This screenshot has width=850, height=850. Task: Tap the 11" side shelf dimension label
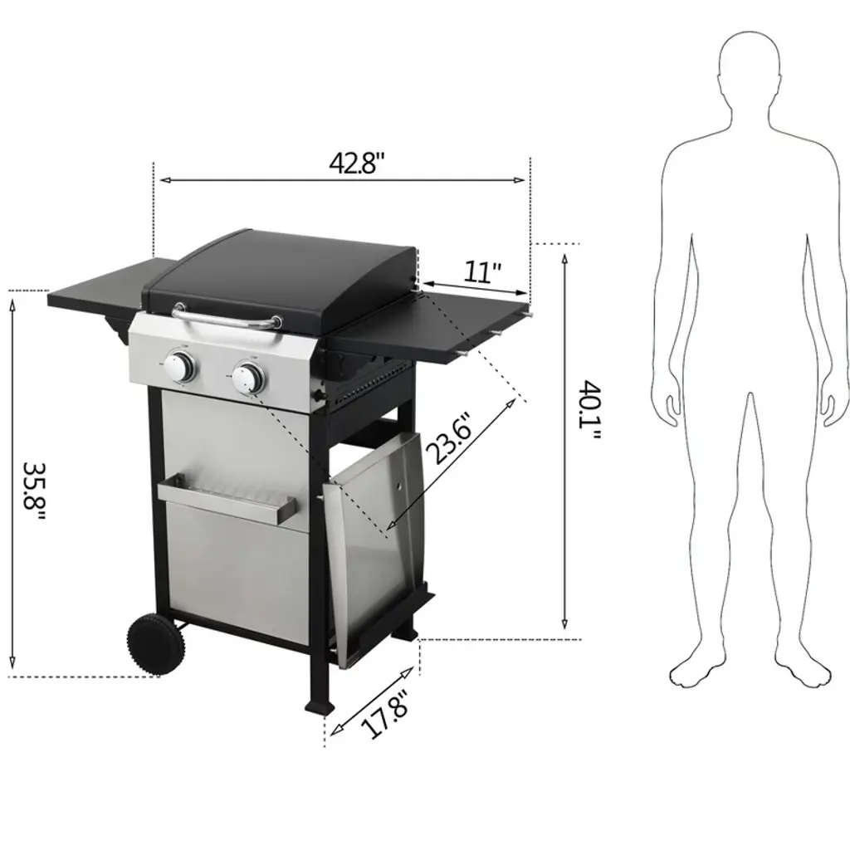482,271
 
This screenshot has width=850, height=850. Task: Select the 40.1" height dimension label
590,410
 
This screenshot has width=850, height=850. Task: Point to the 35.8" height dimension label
33,492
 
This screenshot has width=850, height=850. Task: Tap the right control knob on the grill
247,378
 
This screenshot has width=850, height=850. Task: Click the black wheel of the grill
155,644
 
